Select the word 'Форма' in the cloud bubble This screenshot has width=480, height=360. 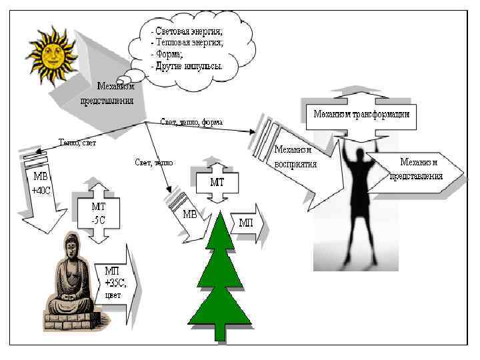[x=167, y=55]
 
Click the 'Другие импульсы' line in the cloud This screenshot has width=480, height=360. [x=187, y=67]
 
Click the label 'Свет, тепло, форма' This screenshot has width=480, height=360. [x=192, y=123]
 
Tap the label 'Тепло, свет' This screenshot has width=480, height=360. [x=78, y=141]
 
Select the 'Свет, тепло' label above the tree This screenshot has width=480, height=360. [x=155, y=162]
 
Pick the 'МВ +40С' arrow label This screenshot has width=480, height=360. [x=41, y=183]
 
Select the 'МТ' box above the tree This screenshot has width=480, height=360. [x=217, y=181]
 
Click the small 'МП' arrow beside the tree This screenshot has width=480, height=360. [x=247, y=222]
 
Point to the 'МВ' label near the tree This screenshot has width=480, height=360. [x=190, y=215]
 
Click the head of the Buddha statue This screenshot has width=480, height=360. [x=69, y=247]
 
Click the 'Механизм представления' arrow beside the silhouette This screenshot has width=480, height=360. [x=417, y=169]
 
